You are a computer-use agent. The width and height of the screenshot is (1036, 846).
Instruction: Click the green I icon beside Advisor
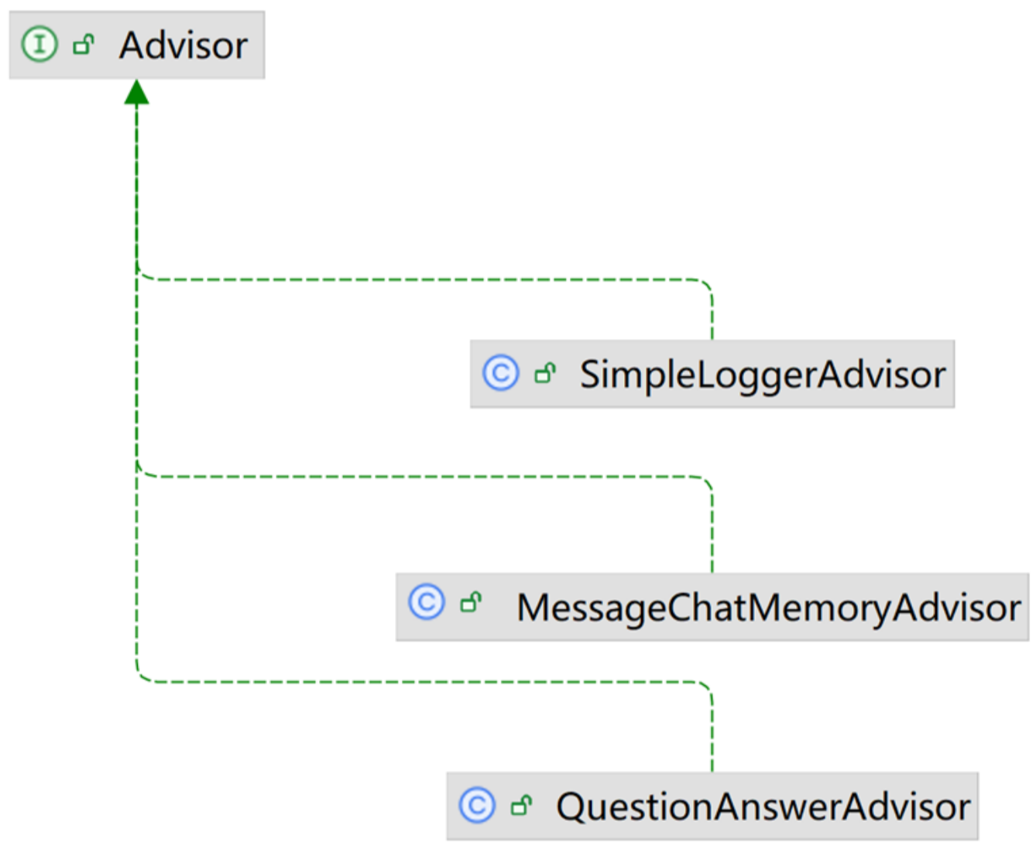point(39,44)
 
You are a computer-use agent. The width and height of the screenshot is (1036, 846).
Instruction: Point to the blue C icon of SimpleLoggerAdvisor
point(500,373)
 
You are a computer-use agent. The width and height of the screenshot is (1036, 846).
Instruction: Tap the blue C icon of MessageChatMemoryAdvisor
point(427,601)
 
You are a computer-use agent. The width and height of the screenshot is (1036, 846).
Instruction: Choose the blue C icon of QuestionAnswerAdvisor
point(477,805)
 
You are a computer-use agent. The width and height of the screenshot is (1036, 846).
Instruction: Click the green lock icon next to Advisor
point(83,45)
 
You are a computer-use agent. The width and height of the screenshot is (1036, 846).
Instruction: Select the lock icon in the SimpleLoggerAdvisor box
point(545,374)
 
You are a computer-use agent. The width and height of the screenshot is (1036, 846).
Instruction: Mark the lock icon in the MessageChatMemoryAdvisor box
point(471,602)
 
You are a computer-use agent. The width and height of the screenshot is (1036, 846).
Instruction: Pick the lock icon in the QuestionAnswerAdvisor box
point(522,806)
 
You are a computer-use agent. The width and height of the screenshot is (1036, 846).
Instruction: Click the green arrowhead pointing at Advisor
point(136,92)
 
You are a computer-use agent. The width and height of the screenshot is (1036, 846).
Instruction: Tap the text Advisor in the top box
point(184,46)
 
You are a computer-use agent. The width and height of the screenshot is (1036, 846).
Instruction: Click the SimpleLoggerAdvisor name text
point(763,375)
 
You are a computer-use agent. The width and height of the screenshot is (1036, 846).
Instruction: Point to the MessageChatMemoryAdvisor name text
point(768,608)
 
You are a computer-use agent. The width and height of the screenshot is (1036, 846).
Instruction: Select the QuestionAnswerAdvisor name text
point(763,807)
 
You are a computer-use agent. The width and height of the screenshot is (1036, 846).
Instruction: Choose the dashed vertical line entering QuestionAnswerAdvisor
point(712,731)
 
